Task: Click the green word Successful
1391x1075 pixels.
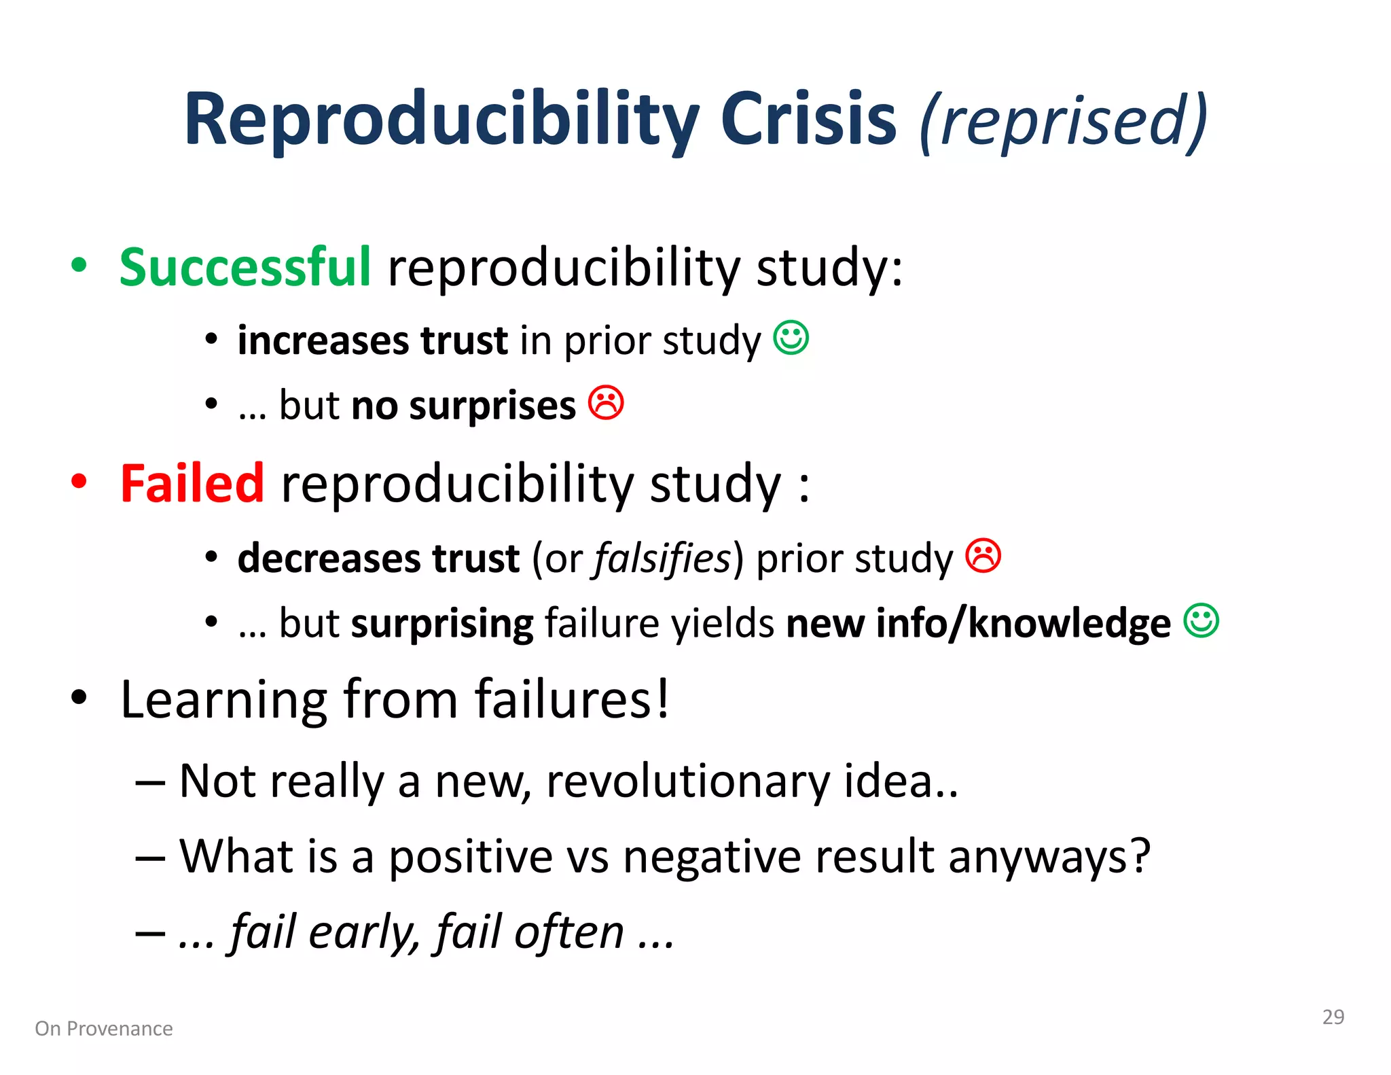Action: pos(245,266)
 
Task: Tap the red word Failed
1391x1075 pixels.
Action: pos(192,483)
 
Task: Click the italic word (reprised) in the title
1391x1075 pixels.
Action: pos(1063,121)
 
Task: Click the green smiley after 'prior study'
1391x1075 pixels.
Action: pos(791,338)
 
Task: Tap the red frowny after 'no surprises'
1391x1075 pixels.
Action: pos(606,403)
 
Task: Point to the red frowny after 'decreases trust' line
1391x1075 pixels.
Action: pos(983,556)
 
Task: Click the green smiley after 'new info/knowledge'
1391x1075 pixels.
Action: pos(1201,620)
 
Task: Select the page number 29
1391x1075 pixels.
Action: pos(1333,1017)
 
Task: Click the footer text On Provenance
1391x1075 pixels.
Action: pos(104,1029)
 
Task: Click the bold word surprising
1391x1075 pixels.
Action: pos(442,624)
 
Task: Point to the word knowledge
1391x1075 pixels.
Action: pos(1069,622)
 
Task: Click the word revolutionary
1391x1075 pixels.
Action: pos(688,781)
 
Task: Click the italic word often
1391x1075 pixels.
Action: pos(568,932)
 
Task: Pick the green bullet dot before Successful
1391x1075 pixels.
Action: pos(79,265)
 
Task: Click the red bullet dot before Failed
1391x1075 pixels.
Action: pos(79,481)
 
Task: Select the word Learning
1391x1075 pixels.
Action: pos(223,700)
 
